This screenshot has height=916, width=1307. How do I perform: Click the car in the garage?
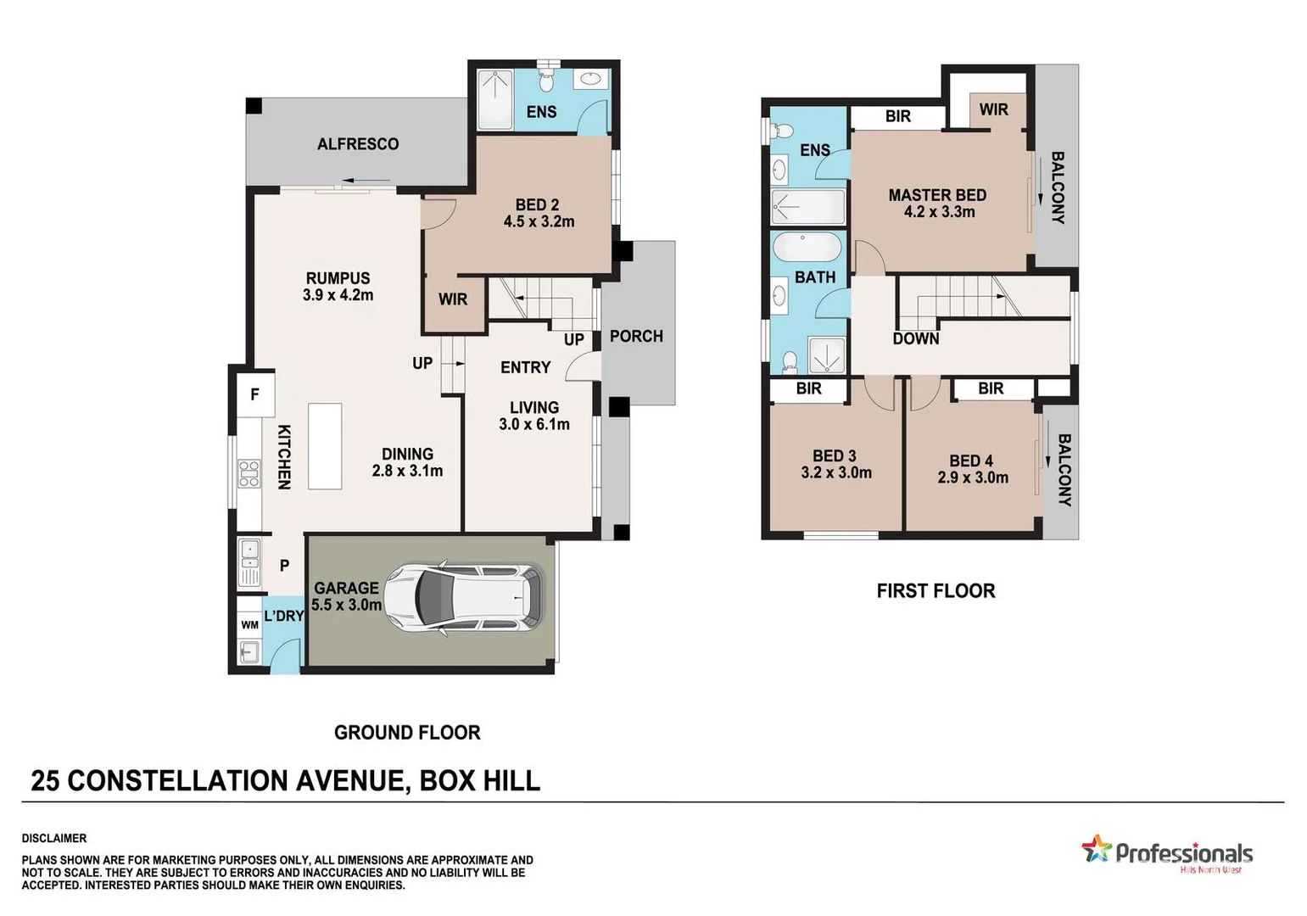click(463, 599)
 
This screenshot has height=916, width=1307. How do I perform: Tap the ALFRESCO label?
click(358, 144)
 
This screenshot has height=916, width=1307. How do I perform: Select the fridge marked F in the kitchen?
click(254, 394)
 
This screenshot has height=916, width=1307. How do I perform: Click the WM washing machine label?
click(249, 625)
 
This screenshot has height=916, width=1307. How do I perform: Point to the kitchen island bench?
click(325, 446)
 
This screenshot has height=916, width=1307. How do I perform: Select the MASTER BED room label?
click(937, 195)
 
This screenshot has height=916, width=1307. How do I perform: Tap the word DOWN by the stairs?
click(916, 338)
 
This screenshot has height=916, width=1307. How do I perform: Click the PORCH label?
click(636, 336)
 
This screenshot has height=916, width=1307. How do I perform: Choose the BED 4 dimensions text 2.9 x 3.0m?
click(973, 478)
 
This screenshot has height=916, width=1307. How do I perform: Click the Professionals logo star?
click(1096, 848)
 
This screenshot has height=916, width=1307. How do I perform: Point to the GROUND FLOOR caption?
click(407, 732)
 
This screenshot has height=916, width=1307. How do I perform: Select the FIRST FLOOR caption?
click(936, 590)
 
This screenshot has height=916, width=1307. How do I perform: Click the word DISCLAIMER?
click(54, 838)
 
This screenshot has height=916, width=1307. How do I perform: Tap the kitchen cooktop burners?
click(249, 473)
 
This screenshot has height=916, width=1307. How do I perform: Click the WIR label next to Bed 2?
click(453, 299)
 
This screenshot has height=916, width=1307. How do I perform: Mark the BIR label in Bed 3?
click(808, 388)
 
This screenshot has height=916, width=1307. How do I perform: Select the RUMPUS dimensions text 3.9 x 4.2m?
click(338, 295)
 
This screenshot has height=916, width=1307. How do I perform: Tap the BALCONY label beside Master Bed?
click(1058, 187)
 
